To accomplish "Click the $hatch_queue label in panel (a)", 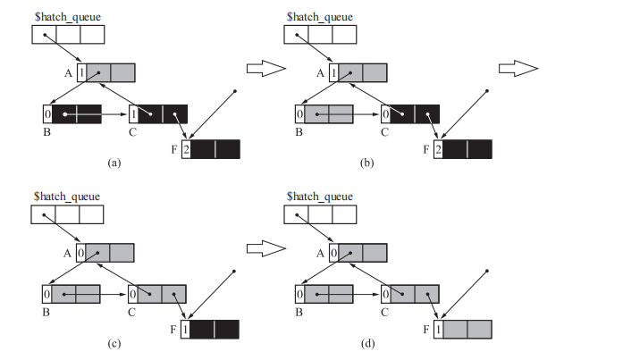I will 67,17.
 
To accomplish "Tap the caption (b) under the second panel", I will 365,163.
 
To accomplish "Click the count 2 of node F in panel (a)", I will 186,149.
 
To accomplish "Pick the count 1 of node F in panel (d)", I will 438,330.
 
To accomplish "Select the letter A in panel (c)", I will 67,254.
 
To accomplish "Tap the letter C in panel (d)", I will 385,312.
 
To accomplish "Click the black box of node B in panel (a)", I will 77,114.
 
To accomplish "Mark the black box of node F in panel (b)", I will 467,149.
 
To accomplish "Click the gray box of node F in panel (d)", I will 467,330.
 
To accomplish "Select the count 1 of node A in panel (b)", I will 333,72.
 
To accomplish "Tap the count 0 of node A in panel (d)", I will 333,253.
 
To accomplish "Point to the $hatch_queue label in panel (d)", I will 320,196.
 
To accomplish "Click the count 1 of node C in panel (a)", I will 133,114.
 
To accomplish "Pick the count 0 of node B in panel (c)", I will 46,294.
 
